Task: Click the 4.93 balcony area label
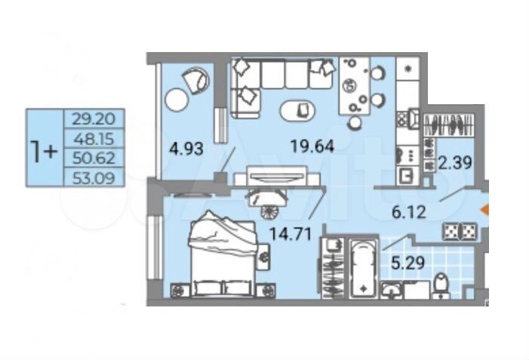tap(186, 149)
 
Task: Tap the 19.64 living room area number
tap(312, 146)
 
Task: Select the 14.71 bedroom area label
tap(290, 234)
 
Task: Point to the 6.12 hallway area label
tap(409, 212)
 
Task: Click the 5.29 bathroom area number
tap(408, 262)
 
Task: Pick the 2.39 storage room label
tap(455, 163)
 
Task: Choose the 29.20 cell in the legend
tap(94, 118)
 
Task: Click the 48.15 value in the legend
tap(94, 138)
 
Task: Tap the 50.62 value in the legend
tap(94, 158)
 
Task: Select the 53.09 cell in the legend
tap(94, 177)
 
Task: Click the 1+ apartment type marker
tap(44, 151)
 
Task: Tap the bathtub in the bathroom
tap(363, 269)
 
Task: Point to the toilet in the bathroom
tap(441, 286)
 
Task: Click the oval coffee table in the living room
tap(297, 111)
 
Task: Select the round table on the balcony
tap(177, 99)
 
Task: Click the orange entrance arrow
tap(484, 210)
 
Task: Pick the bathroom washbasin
tap(392, 290)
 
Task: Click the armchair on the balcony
tap(195, 80)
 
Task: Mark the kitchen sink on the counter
tap(408, 175)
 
